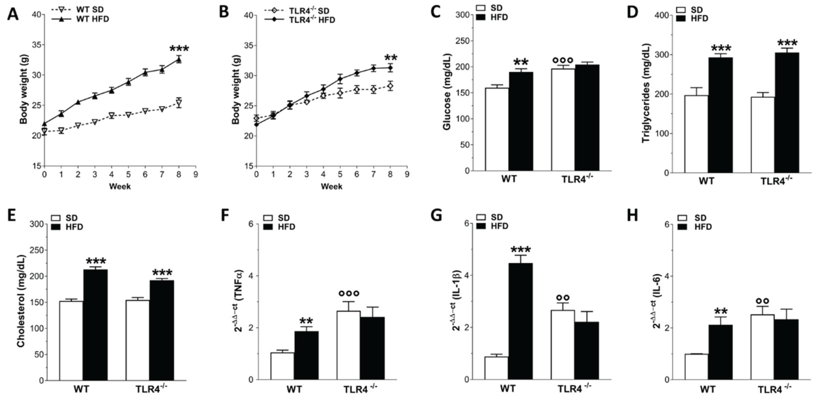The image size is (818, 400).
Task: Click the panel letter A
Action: pos(13,14)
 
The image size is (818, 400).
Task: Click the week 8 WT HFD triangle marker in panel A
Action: pos(179,59)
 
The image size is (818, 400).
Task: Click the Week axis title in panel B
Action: pos(331,186)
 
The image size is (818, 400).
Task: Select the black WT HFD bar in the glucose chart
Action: pos(521,121)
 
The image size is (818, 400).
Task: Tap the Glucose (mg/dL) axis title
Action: pos(447,92)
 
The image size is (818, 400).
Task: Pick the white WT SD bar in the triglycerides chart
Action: pos(696,134)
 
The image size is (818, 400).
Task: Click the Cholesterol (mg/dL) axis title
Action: pos(21,301)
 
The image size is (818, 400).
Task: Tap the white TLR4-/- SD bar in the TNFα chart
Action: pos(349,345)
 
